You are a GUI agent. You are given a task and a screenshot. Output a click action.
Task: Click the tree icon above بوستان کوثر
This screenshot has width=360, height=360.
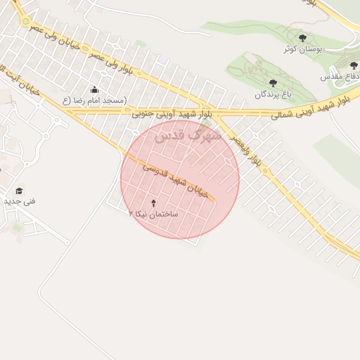point(303,38)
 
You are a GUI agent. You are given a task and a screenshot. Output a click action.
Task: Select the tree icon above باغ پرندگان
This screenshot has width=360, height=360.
point(273,83)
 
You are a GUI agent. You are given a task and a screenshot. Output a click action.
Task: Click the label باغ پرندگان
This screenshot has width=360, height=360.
point(271,94)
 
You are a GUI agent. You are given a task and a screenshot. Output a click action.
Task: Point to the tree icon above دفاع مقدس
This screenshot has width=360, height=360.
point(354,66)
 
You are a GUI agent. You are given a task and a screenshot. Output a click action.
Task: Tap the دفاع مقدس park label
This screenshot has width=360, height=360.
point(340,76)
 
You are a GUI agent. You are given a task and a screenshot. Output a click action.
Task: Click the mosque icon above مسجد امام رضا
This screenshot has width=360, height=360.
point(95,90)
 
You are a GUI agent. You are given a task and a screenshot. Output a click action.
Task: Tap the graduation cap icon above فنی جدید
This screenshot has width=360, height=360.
point(19,191)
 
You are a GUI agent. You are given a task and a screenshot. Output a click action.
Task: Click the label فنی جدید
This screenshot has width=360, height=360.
point(19,201)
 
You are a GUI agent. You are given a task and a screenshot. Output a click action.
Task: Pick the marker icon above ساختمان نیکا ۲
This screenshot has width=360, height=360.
point(154,202)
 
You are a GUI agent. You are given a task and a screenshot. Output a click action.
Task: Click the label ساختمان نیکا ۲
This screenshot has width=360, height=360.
point(153,212)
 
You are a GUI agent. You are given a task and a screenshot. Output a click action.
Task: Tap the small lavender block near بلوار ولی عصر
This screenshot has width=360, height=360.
point(162,60)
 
